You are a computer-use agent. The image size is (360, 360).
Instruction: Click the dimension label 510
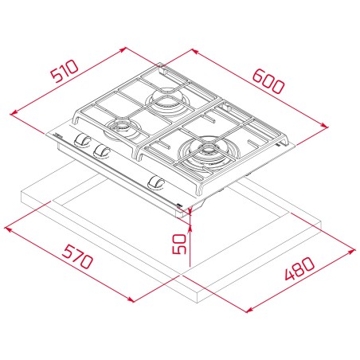click(x=65, y=71)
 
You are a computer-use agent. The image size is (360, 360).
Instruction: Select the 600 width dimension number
click(x=268, y=81)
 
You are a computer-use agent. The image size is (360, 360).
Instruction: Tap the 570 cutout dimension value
click(x=77, y=256)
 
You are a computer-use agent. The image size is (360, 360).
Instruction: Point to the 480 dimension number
click(x=299, y=268)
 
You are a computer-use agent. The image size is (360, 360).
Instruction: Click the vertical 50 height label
click(x=179, y=244)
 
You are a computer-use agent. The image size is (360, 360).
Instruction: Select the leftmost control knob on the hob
click(x=82, y=139)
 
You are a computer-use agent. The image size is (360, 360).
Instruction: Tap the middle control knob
click(x=102, y=151)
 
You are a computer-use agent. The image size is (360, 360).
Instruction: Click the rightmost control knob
click(x=156, y=183)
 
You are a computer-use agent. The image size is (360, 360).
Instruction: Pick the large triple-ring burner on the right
click(x=209, y=152)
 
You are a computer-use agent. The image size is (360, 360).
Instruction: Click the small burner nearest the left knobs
click(x=120, y=128)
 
